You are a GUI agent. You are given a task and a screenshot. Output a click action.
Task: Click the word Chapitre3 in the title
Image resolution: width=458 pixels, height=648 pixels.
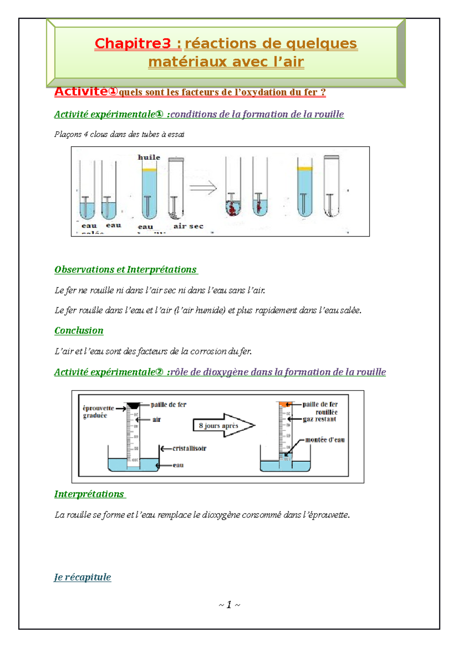click(x=132, y=44)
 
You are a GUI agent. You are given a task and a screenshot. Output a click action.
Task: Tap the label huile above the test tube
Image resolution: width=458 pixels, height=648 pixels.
click(x=149, y=157)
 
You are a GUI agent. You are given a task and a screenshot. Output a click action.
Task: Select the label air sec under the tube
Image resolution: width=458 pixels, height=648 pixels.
click(x=188, y=226)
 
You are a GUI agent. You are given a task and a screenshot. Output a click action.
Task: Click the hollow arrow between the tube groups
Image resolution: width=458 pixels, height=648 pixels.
click(x=203, y=188)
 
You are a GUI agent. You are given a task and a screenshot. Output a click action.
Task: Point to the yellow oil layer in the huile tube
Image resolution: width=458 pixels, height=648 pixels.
click(x=149, y=169)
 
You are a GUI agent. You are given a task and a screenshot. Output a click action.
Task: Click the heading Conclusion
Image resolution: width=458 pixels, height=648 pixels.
click(x=79, y=330)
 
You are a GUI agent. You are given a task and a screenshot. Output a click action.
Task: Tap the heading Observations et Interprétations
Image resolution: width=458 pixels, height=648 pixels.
click(x=126, y=269)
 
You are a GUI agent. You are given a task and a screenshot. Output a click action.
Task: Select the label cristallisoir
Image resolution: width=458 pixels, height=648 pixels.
click(x=189, y=448)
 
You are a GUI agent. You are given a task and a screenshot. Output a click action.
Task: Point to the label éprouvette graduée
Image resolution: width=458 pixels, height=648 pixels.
click(x=98, y=412)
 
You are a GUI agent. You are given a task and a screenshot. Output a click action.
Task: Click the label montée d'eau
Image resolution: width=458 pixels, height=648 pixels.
click(x=325, y=440)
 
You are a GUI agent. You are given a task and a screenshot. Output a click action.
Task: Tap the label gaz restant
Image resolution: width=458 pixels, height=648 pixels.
click(x=319, y=419)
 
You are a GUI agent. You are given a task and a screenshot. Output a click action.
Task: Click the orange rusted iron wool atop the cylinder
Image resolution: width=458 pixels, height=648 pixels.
click(x=285, y=404)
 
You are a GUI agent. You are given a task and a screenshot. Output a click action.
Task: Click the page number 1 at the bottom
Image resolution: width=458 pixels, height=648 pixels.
click(x=229, y=604)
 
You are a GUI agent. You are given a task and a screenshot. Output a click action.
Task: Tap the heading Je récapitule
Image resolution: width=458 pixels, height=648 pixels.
click(x=82, y=577)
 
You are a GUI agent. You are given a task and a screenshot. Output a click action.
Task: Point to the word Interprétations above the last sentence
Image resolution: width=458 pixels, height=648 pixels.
click(x=89, y=494)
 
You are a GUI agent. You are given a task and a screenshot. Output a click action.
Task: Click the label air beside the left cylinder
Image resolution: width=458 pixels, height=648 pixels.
click(x=156, y=419)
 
